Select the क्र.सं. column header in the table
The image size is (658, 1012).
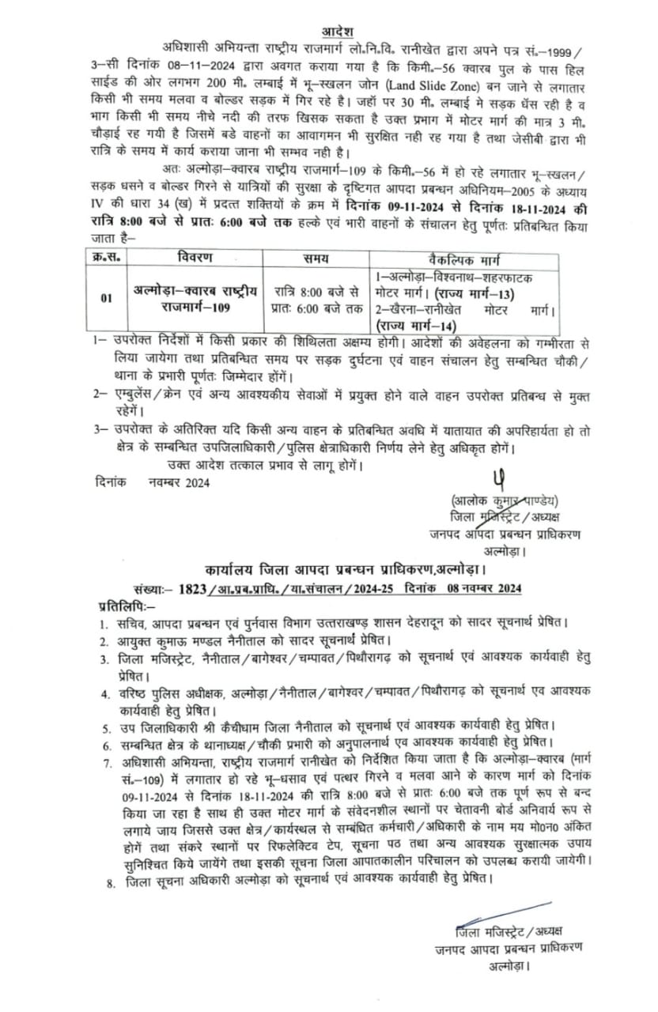[104, 259]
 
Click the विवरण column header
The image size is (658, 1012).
[195, 259]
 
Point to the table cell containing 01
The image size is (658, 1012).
[107, 298]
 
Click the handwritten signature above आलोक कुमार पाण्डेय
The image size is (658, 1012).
[497, 479]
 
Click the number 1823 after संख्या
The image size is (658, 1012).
[194, 588]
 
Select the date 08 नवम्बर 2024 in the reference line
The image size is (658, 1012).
[476, 588]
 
